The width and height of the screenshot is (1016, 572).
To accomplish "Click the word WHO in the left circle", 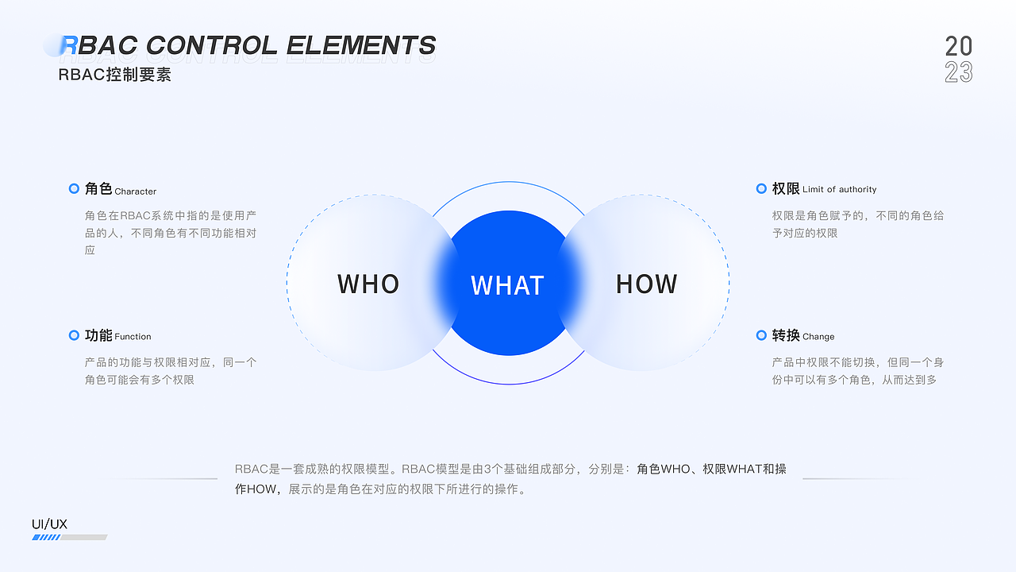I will pos(368,284).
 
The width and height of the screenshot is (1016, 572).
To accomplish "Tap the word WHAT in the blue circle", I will pos(507,286).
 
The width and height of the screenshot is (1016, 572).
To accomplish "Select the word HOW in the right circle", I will pos(647,284).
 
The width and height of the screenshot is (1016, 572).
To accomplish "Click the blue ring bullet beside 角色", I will pos(74,189).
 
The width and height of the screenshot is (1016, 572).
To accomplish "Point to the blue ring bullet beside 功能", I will pos(74,335).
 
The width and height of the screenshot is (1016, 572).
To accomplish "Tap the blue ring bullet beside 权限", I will pos(761,188).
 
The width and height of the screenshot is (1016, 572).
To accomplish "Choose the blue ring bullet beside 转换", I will pos(761,335).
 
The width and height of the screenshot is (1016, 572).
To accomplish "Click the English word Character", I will pos(136,191).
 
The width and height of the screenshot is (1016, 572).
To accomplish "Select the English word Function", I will pos(133,337).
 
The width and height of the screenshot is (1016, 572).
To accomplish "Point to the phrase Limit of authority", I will pos(840,190).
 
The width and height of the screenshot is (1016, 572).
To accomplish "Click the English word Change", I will pos(818,337).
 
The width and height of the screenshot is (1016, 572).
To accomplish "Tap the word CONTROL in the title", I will pos(212,46).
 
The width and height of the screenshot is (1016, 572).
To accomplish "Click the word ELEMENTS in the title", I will pos(361,46).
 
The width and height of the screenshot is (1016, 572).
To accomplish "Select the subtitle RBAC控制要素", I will pos(114,75).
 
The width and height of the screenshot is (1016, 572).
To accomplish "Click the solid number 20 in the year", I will pos(959,46).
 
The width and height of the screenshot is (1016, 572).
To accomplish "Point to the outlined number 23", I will pos(959,72).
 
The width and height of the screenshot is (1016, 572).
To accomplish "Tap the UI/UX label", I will pos(49,524).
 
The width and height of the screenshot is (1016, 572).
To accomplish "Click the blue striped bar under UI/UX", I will pos(46,538).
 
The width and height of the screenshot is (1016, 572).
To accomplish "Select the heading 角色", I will pos(98,189).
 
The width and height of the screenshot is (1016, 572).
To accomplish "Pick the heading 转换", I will pos(786,335).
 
